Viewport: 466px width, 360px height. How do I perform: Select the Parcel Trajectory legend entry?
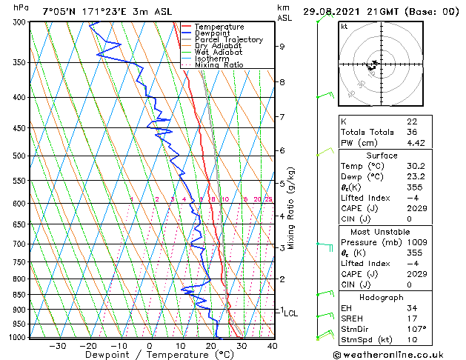point(228,40)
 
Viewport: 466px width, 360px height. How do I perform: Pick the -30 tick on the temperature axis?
point(57,345)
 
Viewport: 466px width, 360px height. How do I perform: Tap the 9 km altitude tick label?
point(282,47)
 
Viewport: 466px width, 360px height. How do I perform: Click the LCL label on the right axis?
point(290,313)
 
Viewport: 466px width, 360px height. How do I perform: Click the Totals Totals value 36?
point(412,133)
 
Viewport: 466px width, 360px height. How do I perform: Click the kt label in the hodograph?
point(344,27)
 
